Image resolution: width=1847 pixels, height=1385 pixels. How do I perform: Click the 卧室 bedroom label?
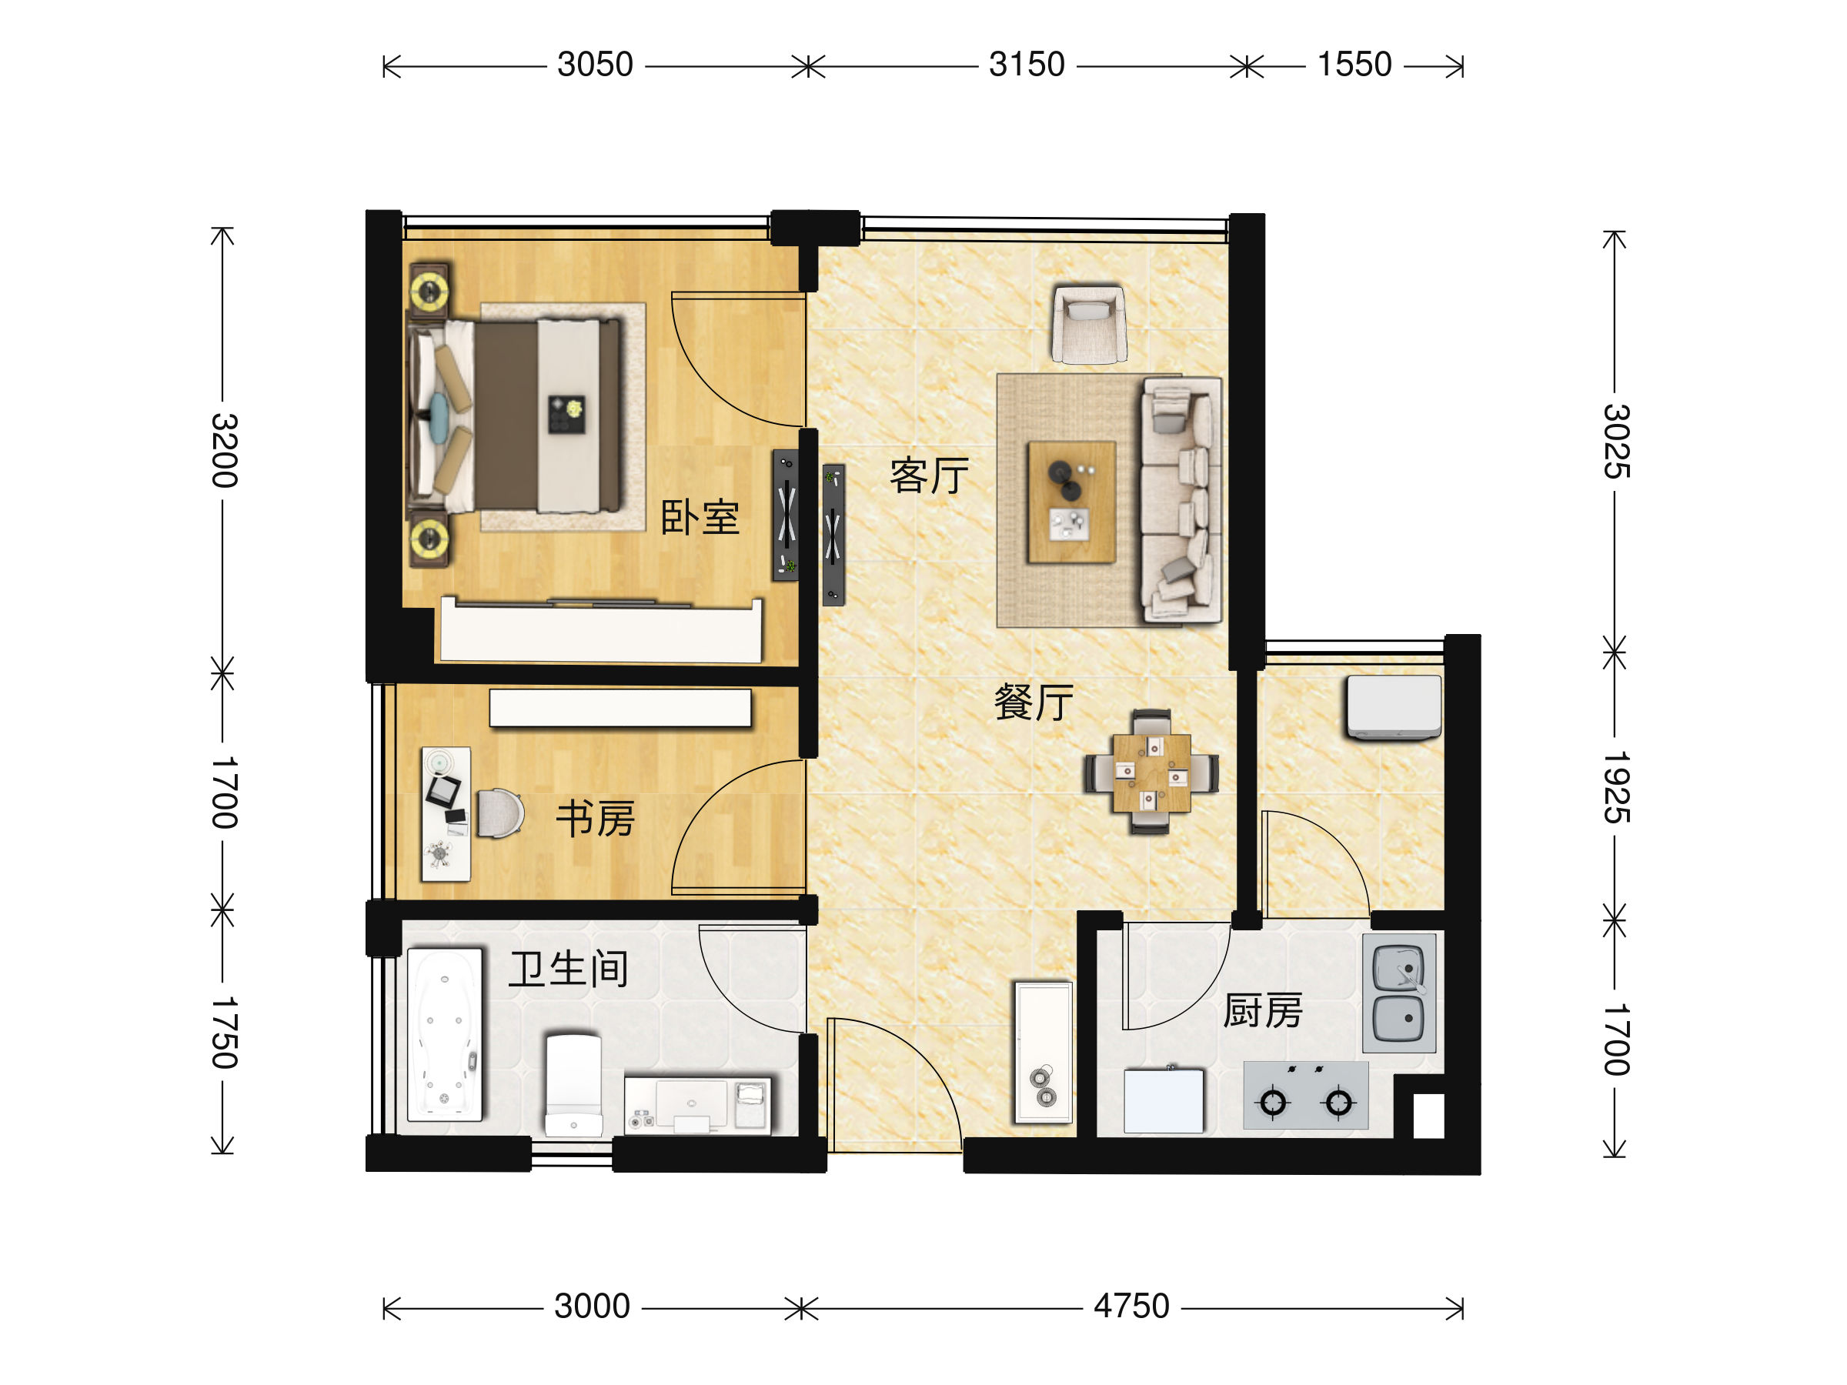[x=700, y=518]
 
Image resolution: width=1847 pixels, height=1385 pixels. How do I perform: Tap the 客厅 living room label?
[x=930, y=476]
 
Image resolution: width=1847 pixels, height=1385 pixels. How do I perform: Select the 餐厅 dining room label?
[x=1034, y=702]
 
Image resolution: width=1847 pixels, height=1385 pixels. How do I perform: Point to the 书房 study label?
[x=596, y=818]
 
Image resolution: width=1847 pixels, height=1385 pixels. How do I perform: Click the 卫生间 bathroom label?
[x=569, y=969]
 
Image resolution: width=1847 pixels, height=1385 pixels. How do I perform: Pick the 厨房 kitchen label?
[x=1263, y=1011]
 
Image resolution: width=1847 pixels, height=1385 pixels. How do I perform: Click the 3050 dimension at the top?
[x=596, y=65]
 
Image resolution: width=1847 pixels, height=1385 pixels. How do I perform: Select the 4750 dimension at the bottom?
[x=1131, y=1306]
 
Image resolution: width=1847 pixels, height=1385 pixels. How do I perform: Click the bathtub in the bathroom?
[x=445, y=1034]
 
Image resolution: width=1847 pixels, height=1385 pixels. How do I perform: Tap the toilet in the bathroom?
[x=573, y=1085]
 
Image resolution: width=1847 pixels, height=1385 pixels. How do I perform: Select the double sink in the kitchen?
[x=1399, y=993]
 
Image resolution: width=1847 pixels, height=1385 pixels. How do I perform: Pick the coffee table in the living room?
[x=1072, y=502]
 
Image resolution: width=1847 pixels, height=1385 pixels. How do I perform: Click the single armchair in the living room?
[x=1089, y=324]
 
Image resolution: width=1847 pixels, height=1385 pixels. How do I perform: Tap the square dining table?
[x=1151, y=773]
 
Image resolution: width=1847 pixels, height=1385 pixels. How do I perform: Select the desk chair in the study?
[x=500, y=813]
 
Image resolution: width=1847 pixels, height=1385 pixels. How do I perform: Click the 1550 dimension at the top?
[x=1354, y=65]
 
